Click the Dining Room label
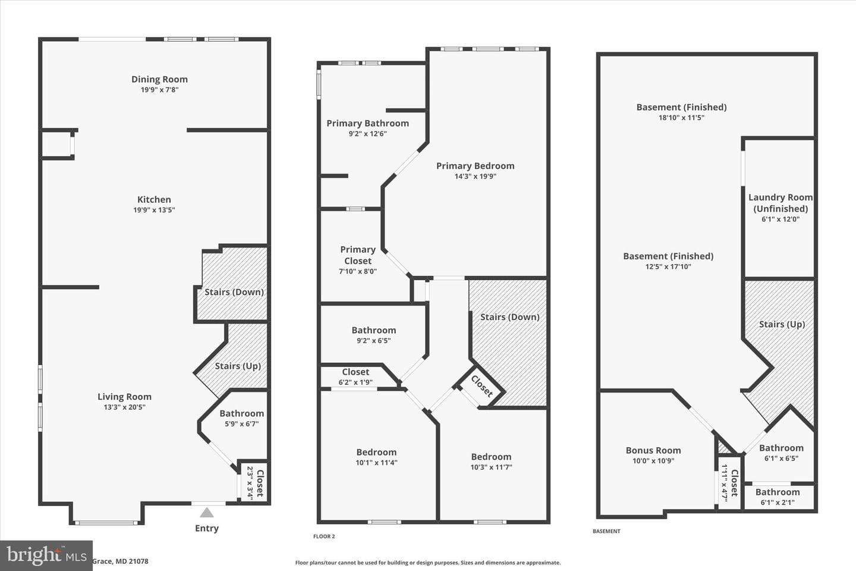point(159,79)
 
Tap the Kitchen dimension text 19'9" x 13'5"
point(154,209)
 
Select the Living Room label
point(125,397)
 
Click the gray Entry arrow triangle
point(207,513)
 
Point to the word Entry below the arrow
point(207,528)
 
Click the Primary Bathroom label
point(367,123)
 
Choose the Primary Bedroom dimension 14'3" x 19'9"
point(476,176)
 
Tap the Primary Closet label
point(358,255)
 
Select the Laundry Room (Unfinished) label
point(781,203)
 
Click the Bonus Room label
point(653,450)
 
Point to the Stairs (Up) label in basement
point(782,324)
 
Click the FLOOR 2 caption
point(324,536)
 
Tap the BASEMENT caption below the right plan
point(606,531)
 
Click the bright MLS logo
point(46,556)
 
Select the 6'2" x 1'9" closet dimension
point(355,382)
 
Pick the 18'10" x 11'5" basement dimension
point(681,117)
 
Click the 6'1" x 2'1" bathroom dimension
point(778,502)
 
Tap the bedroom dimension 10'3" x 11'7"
point(491,467)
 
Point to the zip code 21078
point(139,561)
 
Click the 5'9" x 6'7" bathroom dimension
point(242,423)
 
